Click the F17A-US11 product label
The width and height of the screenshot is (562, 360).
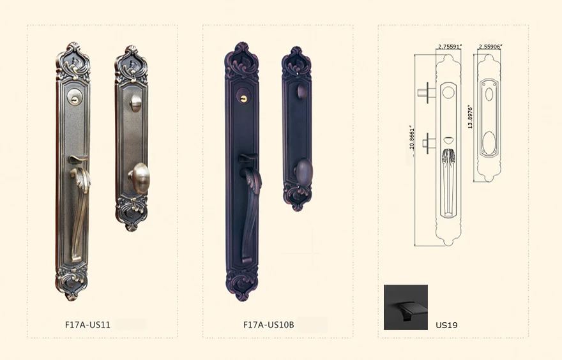click(87, 325)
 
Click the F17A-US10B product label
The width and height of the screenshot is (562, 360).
click(268, 325)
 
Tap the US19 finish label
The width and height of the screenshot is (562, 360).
click(446, 326)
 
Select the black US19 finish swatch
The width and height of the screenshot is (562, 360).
click(406, 307)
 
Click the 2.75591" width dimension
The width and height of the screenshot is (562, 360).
click(450, 46)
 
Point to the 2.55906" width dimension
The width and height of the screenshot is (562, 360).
click(490, 46)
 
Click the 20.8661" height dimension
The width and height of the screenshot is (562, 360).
click(411, 137)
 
